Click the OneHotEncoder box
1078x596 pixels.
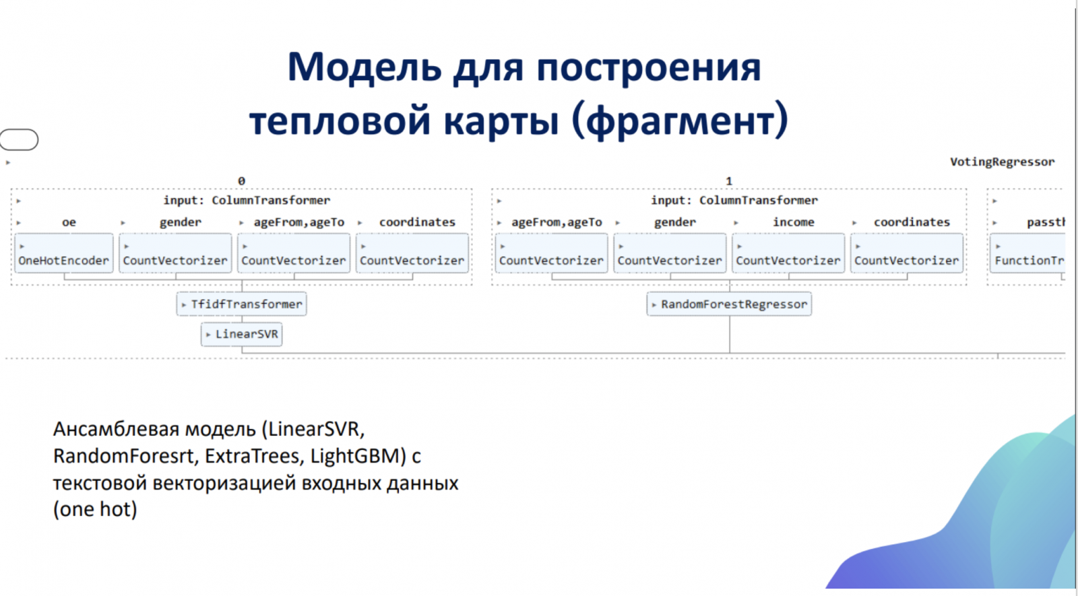click(x=64, y=253)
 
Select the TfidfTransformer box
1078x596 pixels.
click(x=242, y=304)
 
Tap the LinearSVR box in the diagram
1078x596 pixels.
click(x=242, y=334)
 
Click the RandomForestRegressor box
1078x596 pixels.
click(x=729, y=304)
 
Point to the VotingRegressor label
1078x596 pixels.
click(x=1002, y=162)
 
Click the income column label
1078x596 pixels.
click(x=794, y=222)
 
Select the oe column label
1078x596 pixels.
click(x=69, y=222)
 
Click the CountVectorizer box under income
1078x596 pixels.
click(x=788, y=253)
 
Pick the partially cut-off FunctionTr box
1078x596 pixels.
click(x=1027, y=253)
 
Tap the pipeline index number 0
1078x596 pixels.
click(x=242, y=181)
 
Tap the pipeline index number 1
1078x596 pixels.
click(x=729, y=181)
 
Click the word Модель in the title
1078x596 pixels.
click(x=364, y=68)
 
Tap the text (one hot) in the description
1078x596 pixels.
click(x=95, y=509)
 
